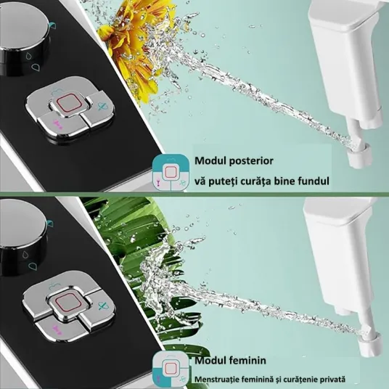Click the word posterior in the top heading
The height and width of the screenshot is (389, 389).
tap(251, 162)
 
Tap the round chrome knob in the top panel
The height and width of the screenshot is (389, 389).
tap(22, 37)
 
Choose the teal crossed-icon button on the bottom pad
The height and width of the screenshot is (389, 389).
tap(102, 306)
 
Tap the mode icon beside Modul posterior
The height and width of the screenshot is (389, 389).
tap(171, 173)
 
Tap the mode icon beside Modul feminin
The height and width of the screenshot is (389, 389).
tap(171, 369)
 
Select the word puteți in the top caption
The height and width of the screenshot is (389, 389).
tap(217, 181)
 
